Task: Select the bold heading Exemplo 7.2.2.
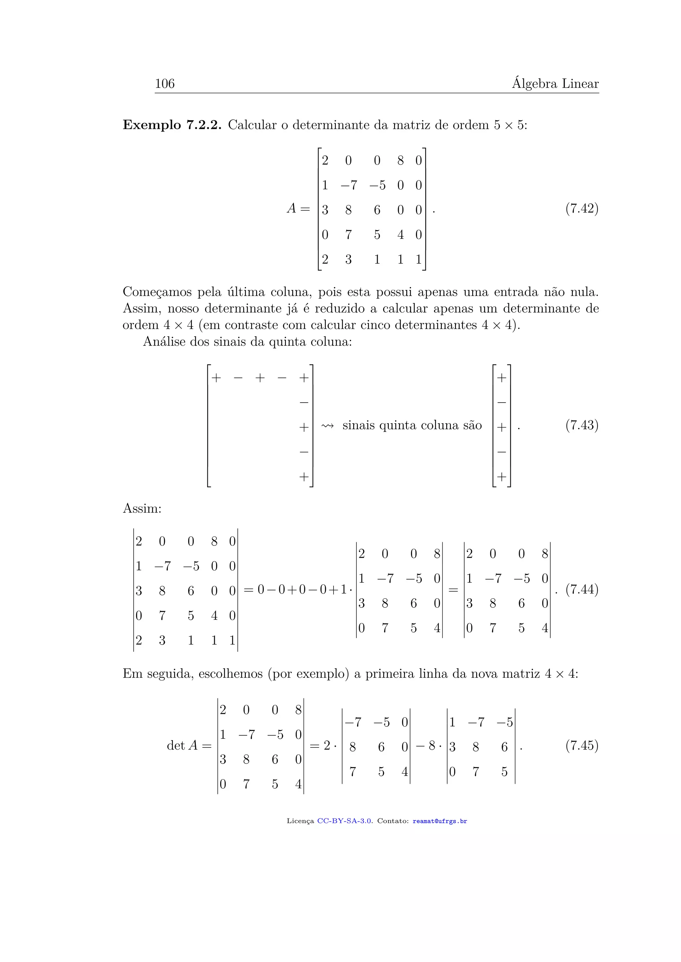pyautogui.click(x=172, y=125)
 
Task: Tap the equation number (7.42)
pyautogui.click(x=582, y=208)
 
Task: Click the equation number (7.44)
pyautogui.click(x=582, y=590)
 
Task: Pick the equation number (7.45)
pyautogui.click(x=582, y=745)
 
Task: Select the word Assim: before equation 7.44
pyautogui.click(x=142, y=508)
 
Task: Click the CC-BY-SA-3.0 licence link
pyautogui.click(x=344, y=821)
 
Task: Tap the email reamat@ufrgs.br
pyautogui.click(x=440, y=821)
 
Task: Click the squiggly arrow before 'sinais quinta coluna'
pyautogui.click(x=328, y=426)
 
